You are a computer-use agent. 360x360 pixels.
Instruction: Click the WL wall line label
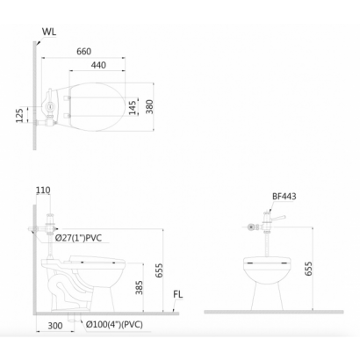(x=49, y=32)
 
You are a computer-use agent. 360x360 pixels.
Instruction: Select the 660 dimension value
(x=84, y=52)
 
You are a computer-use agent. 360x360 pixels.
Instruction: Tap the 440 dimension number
(x=98, y=65)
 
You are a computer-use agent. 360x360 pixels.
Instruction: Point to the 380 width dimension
(x=149, y=107)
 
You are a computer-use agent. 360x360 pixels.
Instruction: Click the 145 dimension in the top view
(x=133, y=108)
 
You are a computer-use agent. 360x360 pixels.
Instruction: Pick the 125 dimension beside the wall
(x=19, y=116)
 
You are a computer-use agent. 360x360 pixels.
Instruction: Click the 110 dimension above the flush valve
(x=43, y=191)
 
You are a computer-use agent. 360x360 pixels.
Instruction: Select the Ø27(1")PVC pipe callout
(x=78, y=238)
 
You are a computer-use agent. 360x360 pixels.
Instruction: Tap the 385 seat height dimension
(x=140, y=287)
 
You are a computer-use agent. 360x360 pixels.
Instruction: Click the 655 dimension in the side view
(x=159, y=270)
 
